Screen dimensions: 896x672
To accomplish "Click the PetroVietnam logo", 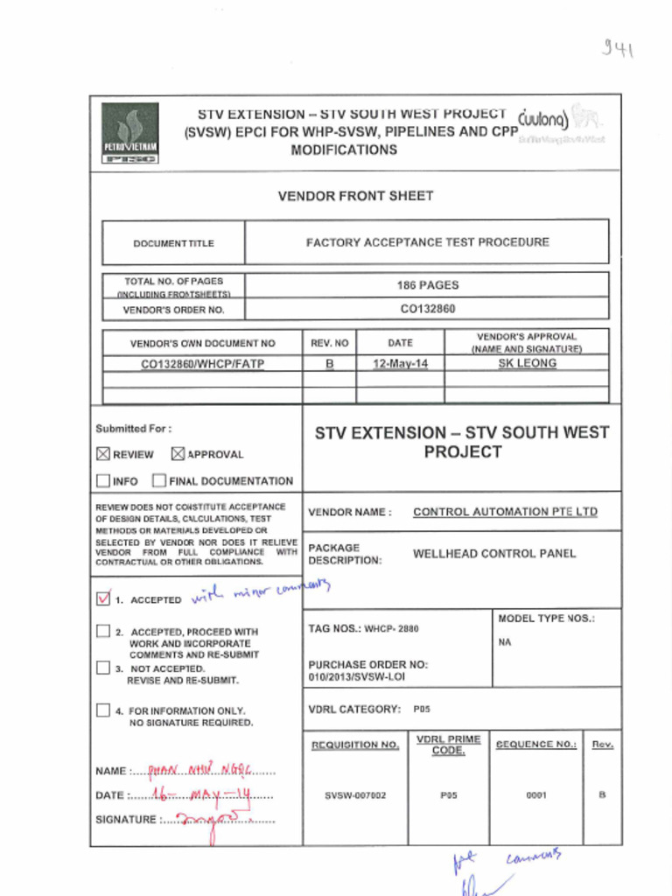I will [x=129, y=133].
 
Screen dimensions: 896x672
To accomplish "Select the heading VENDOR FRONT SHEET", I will [x=355, y=196].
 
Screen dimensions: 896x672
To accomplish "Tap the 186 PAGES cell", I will [x=427, y=285].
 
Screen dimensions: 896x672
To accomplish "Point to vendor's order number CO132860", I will [x=427, y=309].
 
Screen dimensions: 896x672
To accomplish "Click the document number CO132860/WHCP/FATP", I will [x=202, y=363].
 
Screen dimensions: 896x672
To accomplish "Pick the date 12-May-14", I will [x=400, y=363].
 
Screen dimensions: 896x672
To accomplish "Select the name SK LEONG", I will [x=527, y=363].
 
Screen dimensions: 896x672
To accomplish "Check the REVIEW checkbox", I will [x=103, y=454].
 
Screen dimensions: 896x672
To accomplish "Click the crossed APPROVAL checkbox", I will [x=178, y=454].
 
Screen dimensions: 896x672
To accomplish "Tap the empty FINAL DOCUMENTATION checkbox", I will [x=159, y=480].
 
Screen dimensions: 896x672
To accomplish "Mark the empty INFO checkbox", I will [x=103, y=480].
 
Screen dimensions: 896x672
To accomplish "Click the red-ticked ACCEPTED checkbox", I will [x=103, y=599].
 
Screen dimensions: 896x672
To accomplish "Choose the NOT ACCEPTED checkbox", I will [x=103, y=668].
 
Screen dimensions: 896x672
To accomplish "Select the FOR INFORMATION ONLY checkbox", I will [x=103, y=710].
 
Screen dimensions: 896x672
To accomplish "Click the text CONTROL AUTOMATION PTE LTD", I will [x=505, y=512].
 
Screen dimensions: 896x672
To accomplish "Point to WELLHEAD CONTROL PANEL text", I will [x=494, y=554].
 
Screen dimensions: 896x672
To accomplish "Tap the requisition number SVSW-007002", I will [x=354, y=795].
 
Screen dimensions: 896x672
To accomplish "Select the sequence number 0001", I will [x=535, y=795].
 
